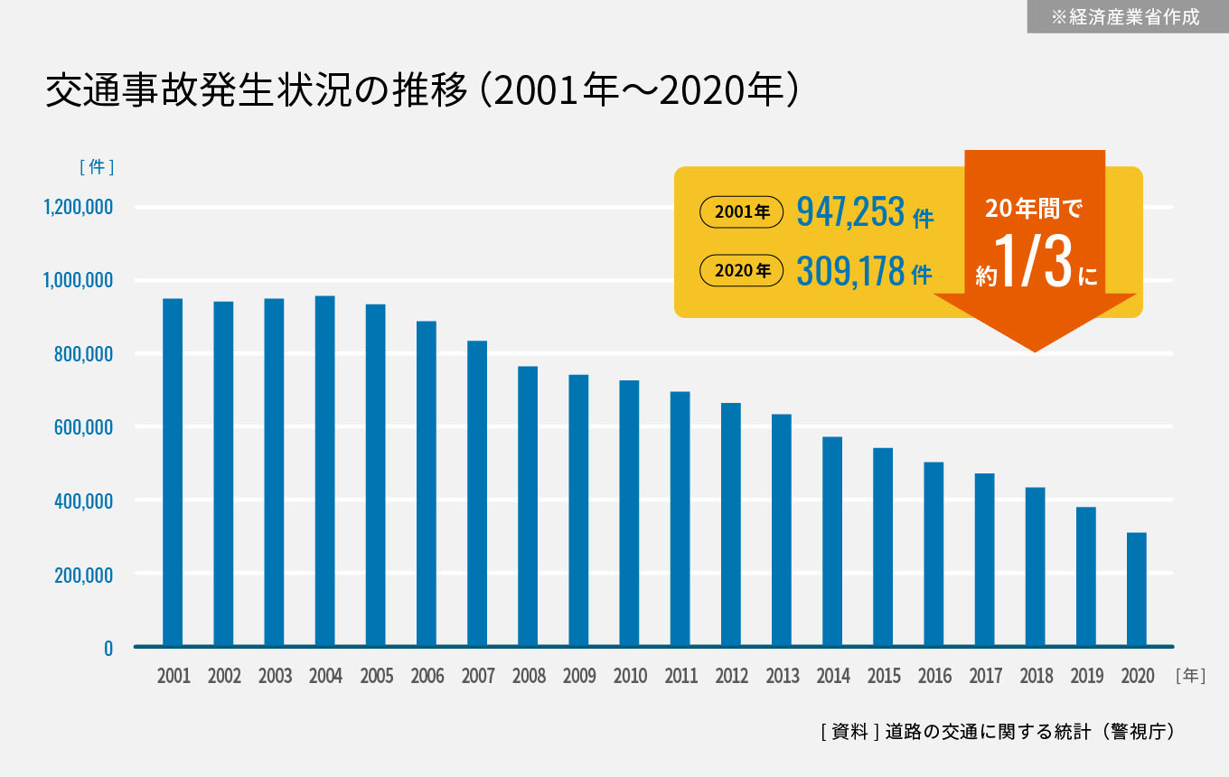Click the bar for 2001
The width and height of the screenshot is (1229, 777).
coord(173,472)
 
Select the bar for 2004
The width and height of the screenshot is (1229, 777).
coord(324,471)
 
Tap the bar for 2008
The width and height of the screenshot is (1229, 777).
coord(528,506)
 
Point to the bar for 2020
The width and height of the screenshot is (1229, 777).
coord(1137,589)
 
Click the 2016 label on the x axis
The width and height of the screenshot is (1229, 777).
coord(934,676)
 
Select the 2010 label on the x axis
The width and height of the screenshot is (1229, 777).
coord(630,676)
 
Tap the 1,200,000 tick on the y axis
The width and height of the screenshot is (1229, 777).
coord(78,208)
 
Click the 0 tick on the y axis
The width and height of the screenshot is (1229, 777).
coord(108,648)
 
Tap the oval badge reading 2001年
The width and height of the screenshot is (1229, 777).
coord(741,213)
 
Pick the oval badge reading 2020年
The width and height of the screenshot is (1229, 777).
coord(741,270)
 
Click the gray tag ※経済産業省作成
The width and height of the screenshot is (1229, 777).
coord(1127,16)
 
